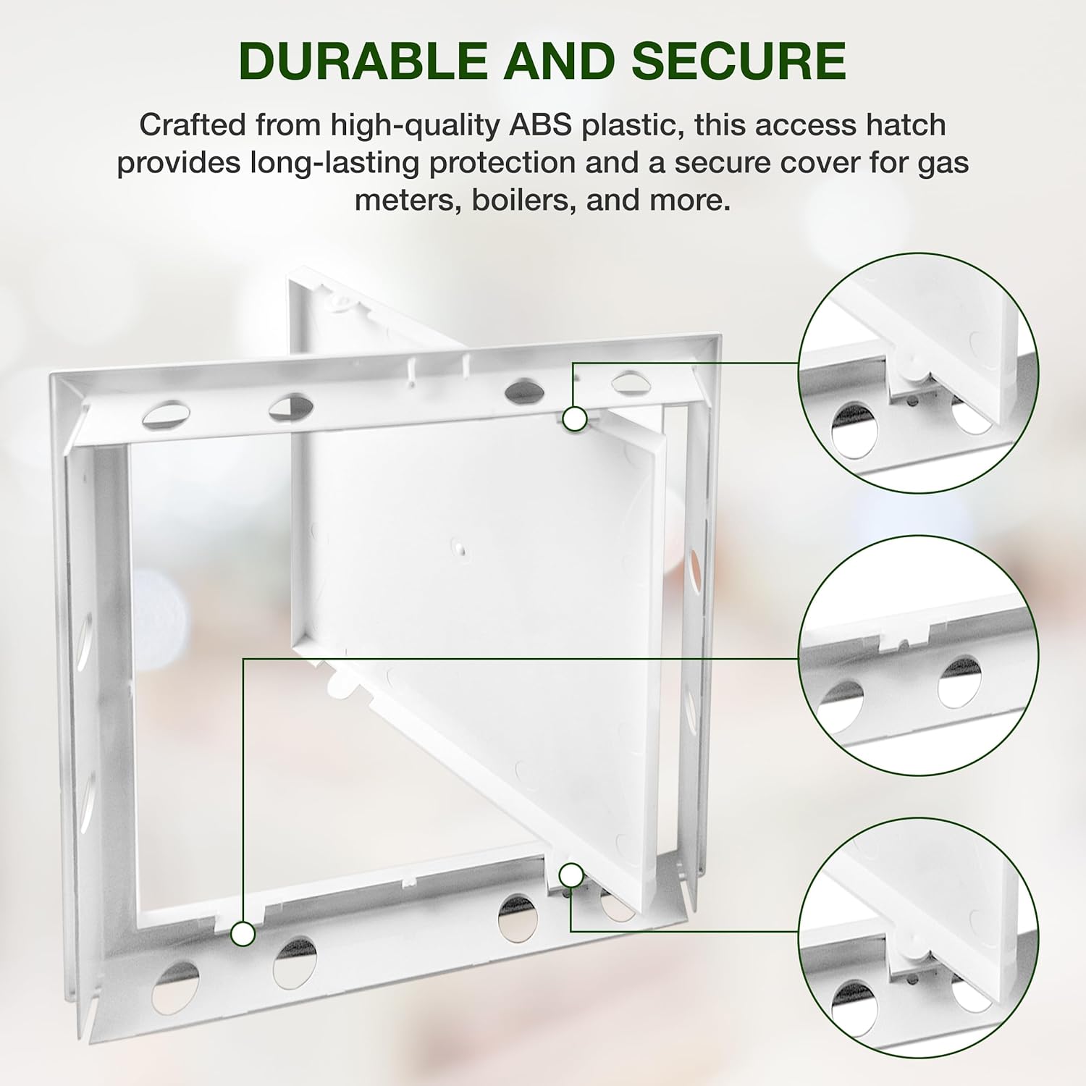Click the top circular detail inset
919,373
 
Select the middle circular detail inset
919,655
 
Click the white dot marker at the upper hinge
575,418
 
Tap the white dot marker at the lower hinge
571,876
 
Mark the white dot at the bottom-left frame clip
243,934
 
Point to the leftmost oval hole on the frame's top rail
167,415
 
